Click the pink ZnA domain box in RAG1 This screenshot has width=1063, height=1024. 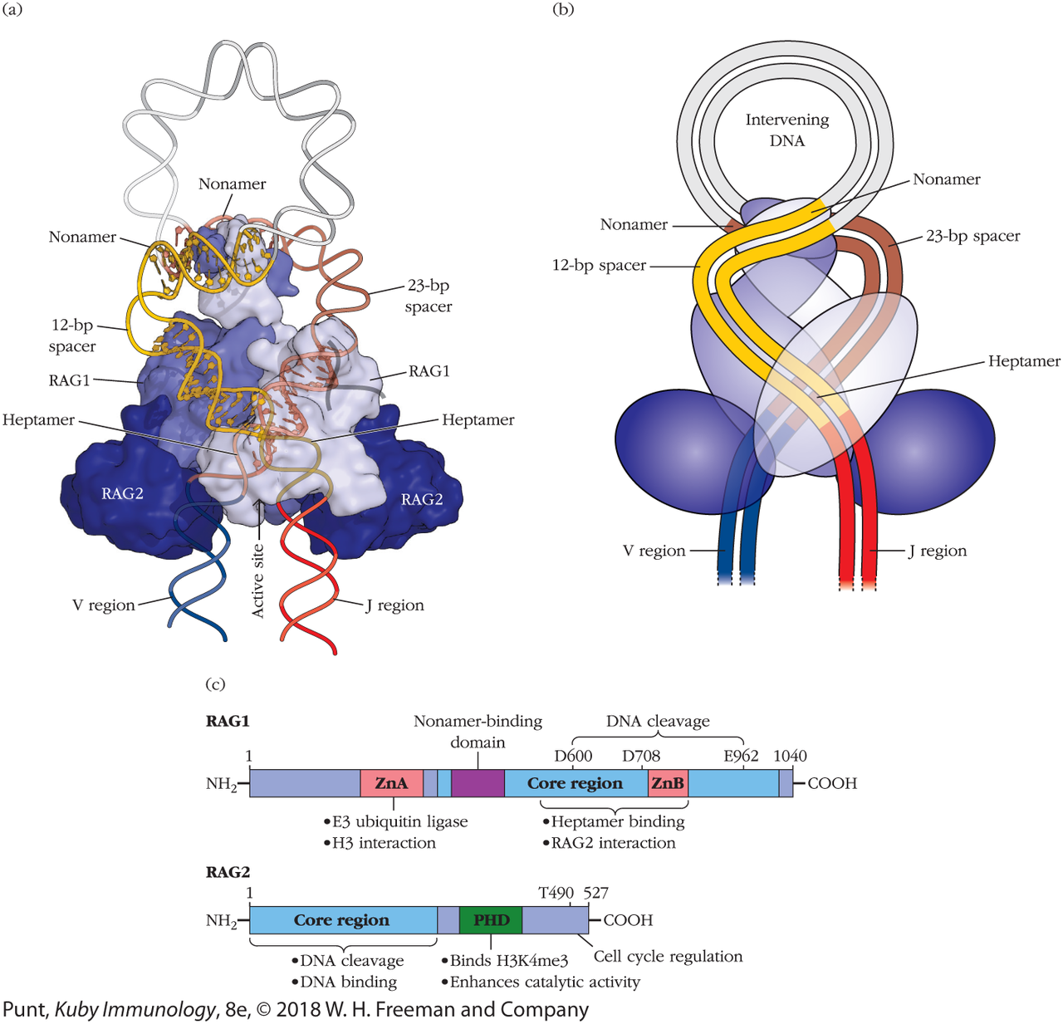tap(391, 783)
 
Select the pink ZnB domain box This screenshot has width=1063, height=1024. tap(668, 783)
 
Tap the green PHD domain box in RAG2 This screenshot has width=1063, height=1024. tap(491, 920)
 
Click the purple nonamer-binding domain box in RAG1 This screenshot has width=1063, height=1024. tap(478, 783)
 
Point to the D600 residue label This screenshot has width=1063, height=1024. tap(573, 756)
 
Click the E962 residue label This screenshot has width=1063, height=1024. tap(741, 756)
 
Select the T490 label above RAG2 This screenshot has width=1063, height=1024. tap(556, 893)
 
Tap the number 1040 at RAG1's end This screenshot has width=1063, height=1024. tap(790, 756)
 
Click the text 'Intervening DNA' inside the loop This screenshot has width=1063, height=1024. tap(786, 130)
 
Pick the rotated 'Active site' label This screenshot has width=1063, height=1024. tap(258, 581)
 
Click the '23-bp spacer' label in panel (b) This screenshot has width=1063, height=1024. tap(972, 236)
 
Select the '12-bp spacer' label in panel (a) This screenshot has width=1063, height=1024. tap(72, 336)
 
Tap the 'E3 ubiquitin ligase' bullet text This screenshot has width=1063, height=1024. tap(399, 822)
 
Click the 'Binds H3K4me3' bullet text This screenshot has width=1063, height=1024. tap(508, 961)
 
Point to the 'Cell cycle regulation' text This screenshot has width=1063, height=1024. tap(668, 956)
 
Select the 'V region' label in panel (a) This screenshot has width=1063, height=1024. tap(103, 605)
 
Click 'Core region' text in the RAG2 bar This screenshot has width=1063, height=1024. tap(341, 920)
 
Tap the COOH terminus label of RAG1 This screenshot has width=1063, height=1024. tap(832, 783)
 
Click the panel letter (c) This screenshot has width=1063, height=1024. tap(215, 684)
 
